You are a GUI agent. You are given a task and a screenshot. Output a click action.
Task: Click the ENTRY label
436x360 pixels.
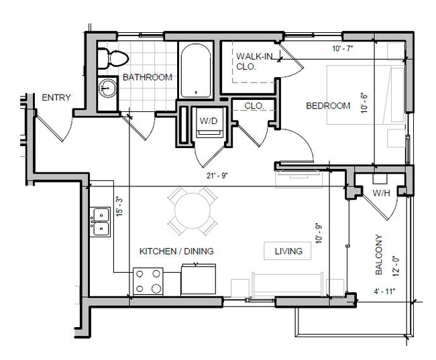[56, 98]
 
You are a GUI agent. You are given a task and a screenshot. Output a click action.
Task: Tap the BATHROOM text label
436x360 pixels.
[147, 77]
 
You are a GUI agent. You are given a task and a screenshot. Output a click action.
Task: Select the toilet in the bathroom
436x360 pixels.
[107, 59]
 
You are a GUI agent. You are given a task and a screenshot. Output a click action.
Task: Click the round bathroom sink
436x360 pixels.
[107, 87]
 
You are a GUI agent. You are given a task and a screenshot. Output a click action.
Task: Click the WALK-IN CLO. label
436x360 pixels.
[254, 61]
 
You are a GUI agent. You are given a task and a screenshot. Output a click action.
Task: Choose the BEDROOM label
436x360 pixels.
[329, 106]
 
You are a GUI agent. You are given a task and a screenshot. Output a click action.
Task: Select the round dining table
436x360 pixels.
[192, 212]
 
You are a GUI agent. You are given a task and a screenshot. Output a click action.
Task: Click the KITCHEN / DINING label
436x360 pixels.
[176, 251]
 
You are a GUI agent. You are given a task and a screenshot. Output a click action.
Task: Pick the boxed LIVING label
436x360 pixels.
[288, 251]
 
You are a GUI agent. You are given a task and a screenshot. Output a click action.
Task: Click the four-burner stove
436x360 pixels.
[148, 281]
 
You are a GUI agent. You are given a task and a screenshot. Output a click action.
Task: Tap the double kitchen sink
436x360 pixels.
[100, 221]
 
